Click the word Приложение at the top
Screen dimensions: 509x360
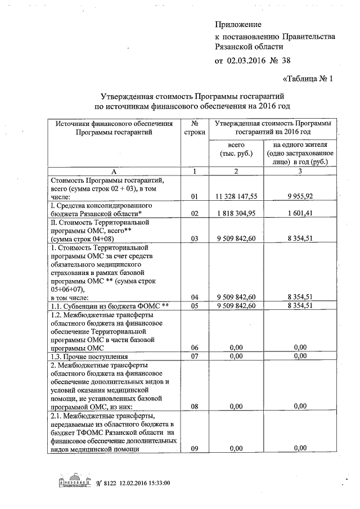pos(239,25)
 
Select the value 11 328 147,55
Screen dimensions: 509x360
pos(236,197)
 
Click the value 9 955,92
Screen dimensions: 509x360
pos(303,197)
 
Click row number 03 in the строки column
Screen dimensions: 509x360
pos(195,238)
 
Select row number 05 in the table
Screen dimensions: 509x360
pos(195,305)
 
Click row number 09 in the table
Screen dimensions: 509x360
pos(195,448)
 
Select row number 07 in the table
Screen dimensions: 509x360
pos(195,357)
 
